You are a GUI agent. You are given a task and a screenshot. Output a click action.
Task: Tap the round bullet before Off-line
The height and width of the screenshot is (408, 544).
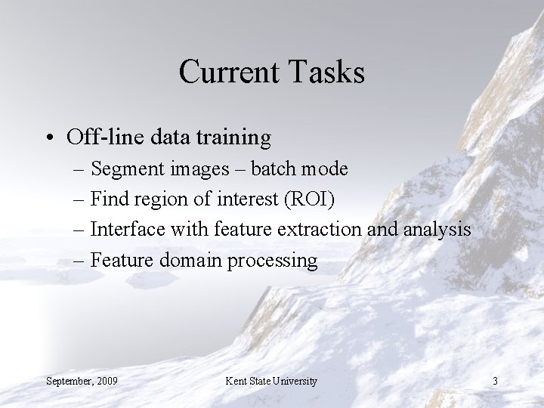(x=49, y=138)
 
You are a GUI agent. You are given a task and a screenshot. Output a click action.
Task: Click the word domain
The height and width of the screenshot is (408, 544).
(x=185, y=260)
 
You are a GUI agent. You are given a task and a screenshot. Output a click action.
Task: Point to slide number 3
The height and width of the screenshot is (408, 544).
(x=495, y=381)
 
